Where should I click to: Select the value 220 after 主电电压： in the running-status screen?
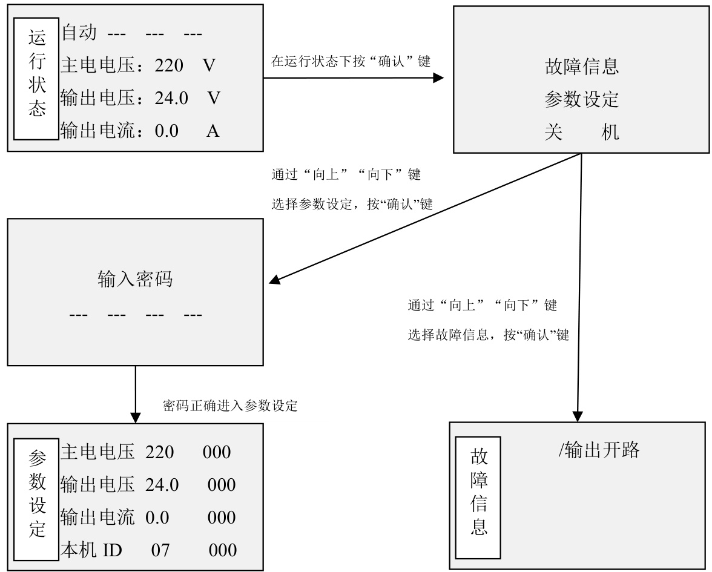[x=168, y=66]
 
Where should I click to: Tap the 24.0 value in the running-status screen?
[x=171, y=99]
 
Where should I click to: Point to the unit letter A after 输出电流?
[x=213, y=131]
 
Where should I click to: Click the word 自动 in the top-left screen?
[x=79, y=33]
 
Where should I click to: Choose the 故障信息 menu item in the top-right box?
[x=582, y=67]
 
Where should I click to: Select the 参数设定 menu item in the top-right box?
[x=582, y=99]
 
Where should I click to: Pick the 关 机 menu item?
[x=582, y=133]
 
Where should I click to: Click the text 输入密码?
[x=136, y=278]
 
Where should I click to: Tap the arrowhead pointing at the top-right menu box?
[x=438, y=77]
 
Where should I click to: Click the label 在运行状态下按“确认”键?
[x=351, y=61]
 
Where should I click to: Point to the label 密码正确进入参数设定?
[x=230, y=406]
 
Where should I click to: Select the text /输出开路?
[x=599, y=450]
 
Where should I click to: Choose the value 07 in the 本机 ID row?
[x=160, y=551]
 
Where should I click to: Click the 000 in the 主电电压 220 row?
[x=217, y=453]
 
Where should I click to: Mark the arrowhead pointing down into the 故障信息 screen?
[x=577, y=416]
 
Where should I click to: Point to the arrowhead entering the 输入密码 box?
[x=275, y=280]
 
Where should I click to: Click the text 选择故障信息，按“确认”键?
[x=489, y=335]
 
